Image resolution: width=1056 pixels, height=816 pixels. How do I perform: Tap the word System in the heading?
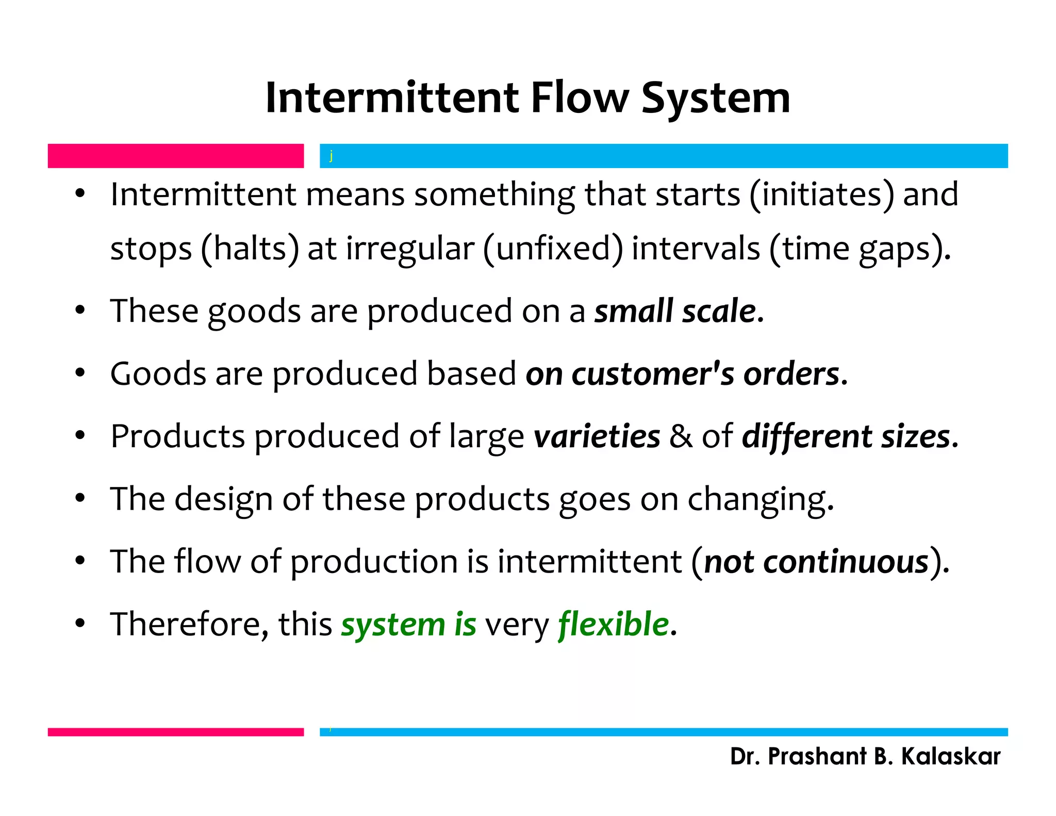point(716,99)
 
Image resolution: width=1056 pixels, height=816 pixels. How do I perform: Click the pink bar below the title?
point(175,156)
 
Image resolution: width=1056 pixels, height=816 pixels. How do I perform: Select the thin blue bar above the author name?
point(663,732)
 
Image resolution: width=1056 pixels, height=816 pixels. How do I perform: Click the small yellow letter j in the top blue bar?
point(331,156)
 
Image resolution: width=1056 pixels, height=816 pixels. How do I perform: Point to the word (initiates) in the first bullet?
point(821,195)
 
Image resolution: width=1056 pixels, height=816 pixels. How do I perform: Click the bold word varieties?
point(597,436)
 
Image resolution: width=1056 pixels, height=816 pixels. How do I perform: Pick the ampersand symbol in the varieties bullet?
point(681,436)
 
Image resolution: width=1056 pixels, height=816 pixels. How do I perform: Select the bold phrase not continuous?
point(816,562)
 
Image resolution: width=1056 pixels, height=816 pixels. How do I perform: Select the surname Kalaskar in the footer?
point(950,757)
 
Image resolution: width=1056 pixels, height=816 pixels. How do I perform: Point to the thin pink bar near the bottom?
point(175,732)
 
